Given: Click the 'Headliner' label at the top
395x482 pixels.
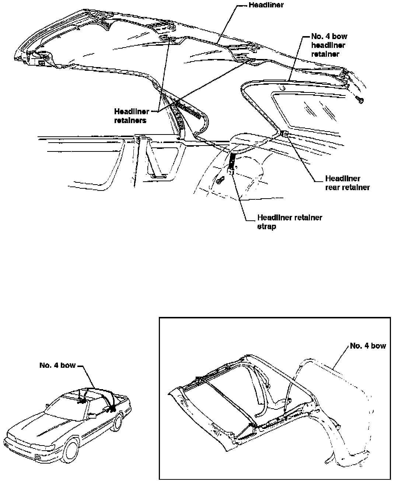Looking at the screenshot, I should [x=266, y=5].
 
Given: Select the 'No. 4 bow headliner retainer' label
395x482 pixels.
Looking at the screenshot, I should [x=324, y=45].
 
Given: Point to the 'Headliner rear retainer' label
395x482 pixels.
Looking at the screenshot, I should [x=347, y=183].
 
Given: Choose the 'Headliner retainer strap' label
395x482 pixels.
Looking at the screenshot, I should [x=289, y=222].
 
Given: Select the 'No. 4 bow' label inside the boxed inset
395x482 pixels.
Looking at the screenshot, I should [x=367, y=346].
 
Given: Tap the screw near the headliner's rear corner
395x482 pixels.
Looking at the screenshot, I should [x=360, y=100].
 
